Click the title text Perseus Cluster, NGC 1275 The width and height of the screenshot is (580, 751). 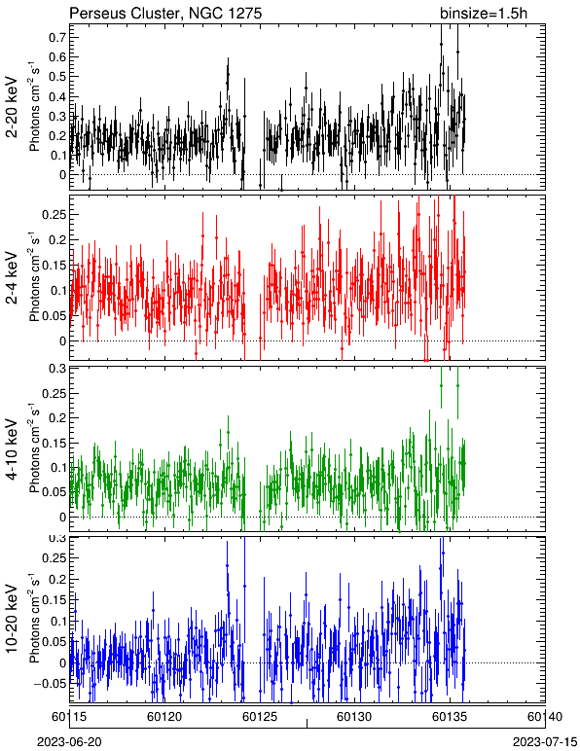pos(165,14)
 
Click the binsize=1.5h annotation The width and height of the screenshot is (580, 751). pos(484,14)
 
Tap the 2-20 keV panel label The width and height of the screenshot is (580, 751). pos(13,107)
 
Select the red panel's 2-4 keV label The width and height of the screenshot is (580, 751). pos(13,279)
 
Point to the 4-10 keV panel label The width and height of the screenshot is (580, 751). pos(13,449)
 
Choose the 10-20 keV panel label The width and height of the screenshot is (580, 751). pos(13,619)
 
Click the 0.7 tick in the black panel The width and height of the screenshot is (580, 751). pos(57,37)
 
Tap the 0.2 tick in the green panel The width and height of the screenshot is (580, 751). pos(57,418)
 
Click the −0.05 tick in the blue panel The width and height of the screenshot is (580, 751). pos(50,684)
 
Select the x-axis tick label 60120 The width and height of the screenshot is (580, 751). pos(164,717)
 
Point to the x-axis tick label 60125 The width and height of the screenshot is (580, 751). pos(260,717)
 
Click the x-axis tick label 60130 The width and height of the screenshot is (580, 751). pos(355,717)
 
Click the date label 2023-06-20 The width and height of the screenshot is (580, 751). pos(69,742)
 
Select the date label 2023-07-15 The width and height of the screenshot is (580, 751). pos(545,742)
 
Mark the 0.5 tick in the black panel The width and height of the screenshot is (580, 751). pos(57,77)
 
